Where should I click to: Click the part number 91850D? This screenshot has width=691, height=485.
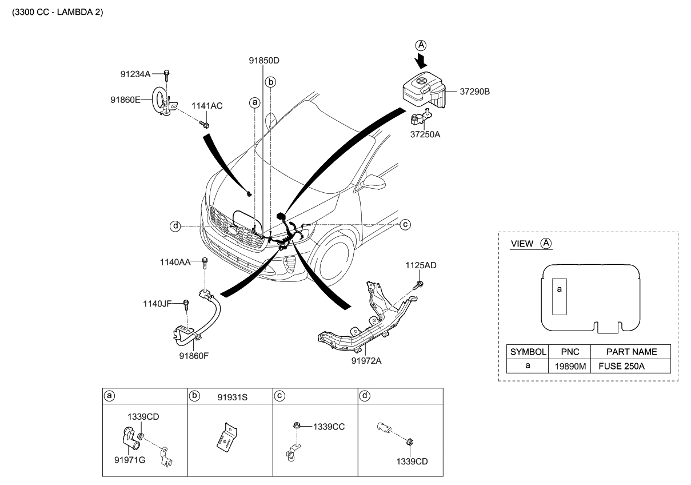(x=263, y=60)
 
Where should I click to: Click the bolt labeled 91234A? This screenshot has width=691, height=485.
(x=166, y=74)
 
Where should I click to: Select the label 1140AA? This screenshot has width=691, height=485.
(x=175, y=262)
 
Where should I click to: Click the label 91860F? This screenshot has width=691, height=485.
(x=194, y=355)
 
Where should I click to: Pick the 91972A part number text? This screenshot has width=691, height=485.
(x=365, y=360)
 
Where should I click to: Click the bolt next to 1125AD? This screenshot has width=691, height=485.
(x=419, y=283)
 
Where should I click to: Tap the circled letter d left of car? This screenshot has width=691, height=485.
(x=174, y=226)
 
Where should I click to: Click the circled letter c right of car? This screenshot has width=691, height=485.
(x=405, y=224)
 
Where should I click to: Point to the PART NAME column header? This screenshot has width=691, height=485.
(x=631, y=352)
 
